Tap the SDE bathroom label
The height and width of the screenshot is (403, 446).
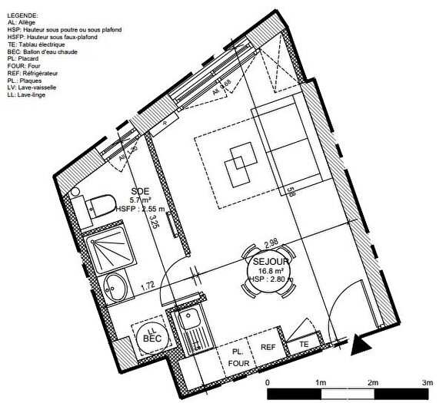point(139,192)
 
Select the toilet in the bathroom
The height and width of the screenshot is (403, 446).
point(97,204)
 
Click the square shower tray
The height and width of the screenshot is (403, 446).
point(111,246)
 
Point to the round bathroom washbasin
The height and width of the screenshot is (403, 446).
point(112,287)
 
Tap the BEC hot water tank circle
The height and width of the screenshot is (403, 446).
point(152,335)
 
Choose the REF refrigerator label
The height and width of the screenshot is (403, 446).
point(268,348)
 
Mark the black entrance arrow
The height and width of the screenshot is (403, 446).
point(358,343)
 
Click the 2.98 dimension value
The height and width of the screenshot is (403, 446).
point(271,243)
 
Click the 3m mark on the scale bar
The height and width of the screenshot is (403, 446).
point(428,382)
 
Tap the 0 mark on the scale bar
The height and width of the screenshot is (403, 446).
point(267,382)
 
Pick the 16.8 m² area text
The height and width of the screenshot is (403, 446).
point(270,271)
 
